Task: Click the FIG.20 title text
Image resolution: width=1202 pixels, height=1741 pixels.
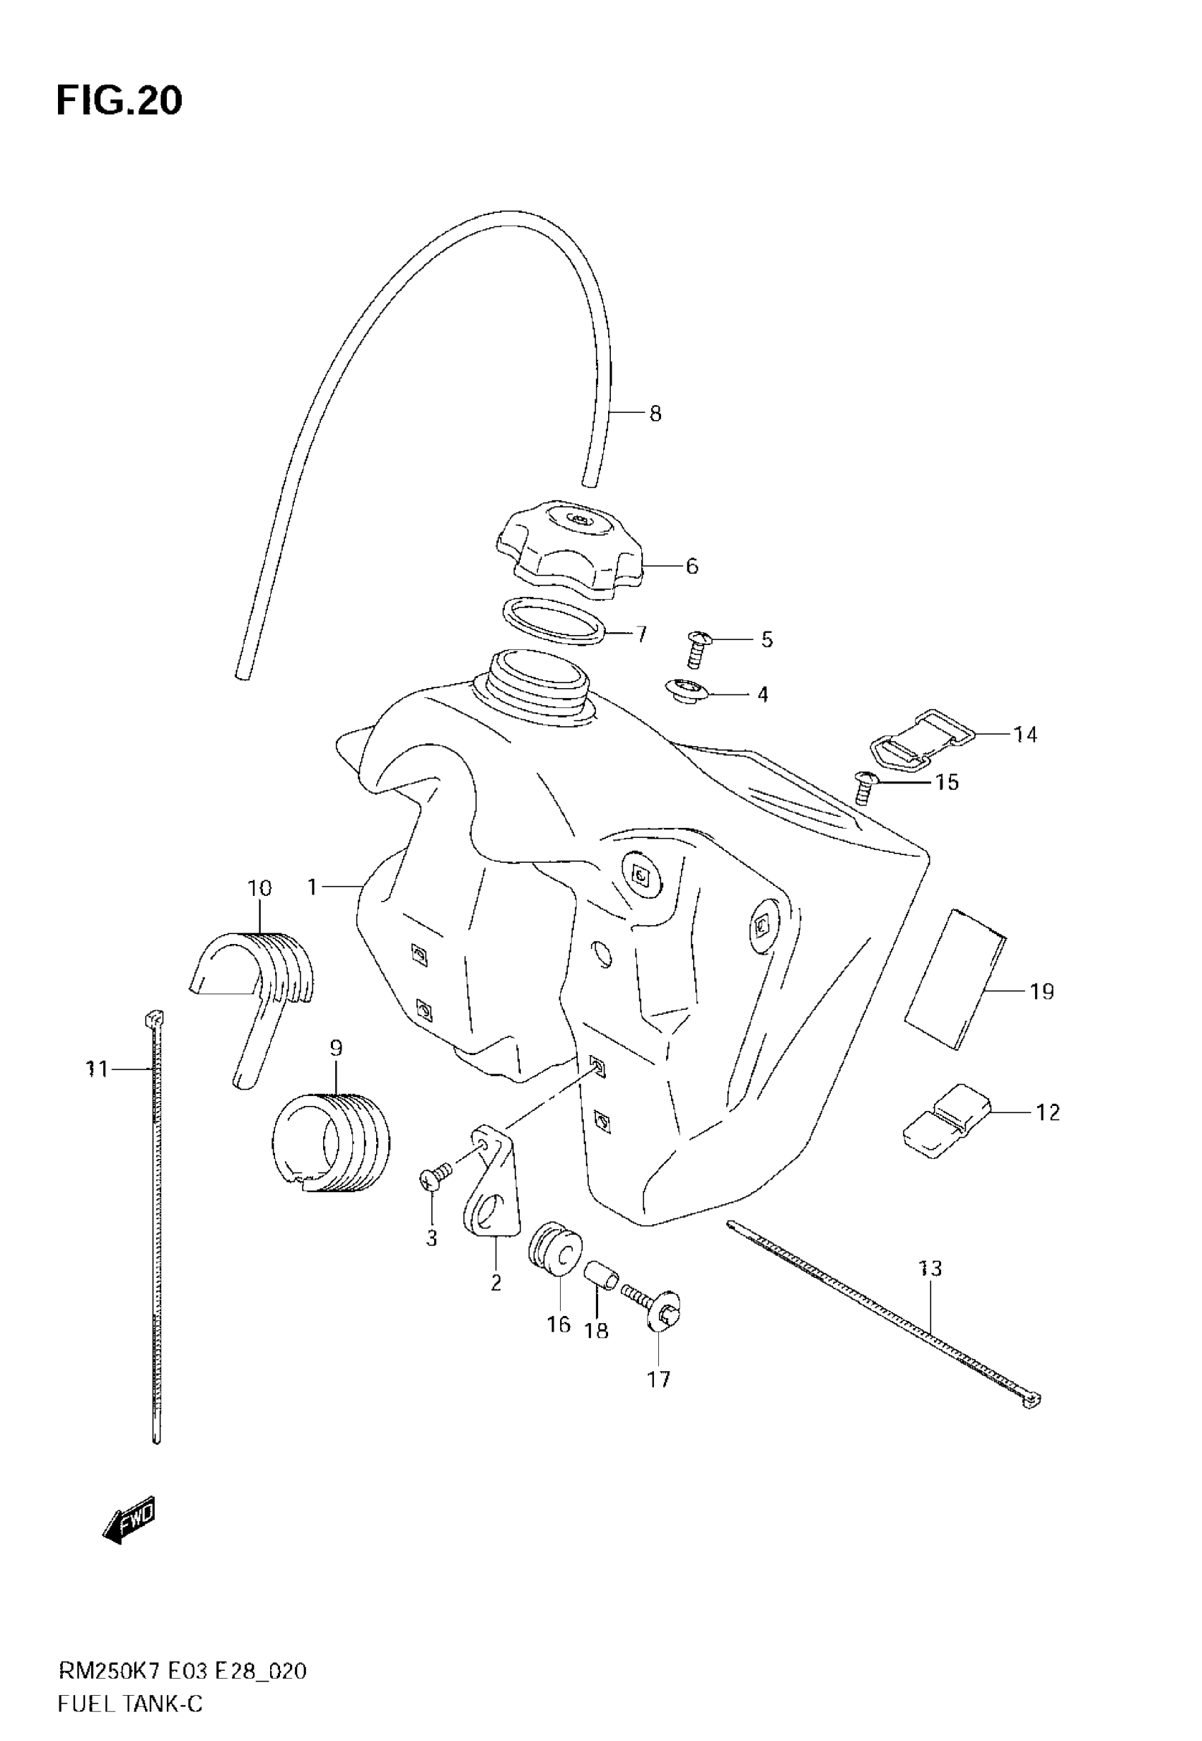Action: (119, 101)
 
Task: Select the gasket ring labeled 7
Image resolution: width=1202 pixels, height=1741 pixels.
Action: (554, 622)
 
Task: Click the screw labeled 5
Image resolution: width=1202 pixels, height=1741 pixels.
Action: (696, 649)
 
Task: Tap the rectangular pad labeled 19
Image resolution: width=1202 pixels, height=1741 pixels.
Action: (955, 979)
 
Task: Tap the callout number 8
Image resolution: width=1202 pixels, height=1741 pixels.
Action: (655, 414)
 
